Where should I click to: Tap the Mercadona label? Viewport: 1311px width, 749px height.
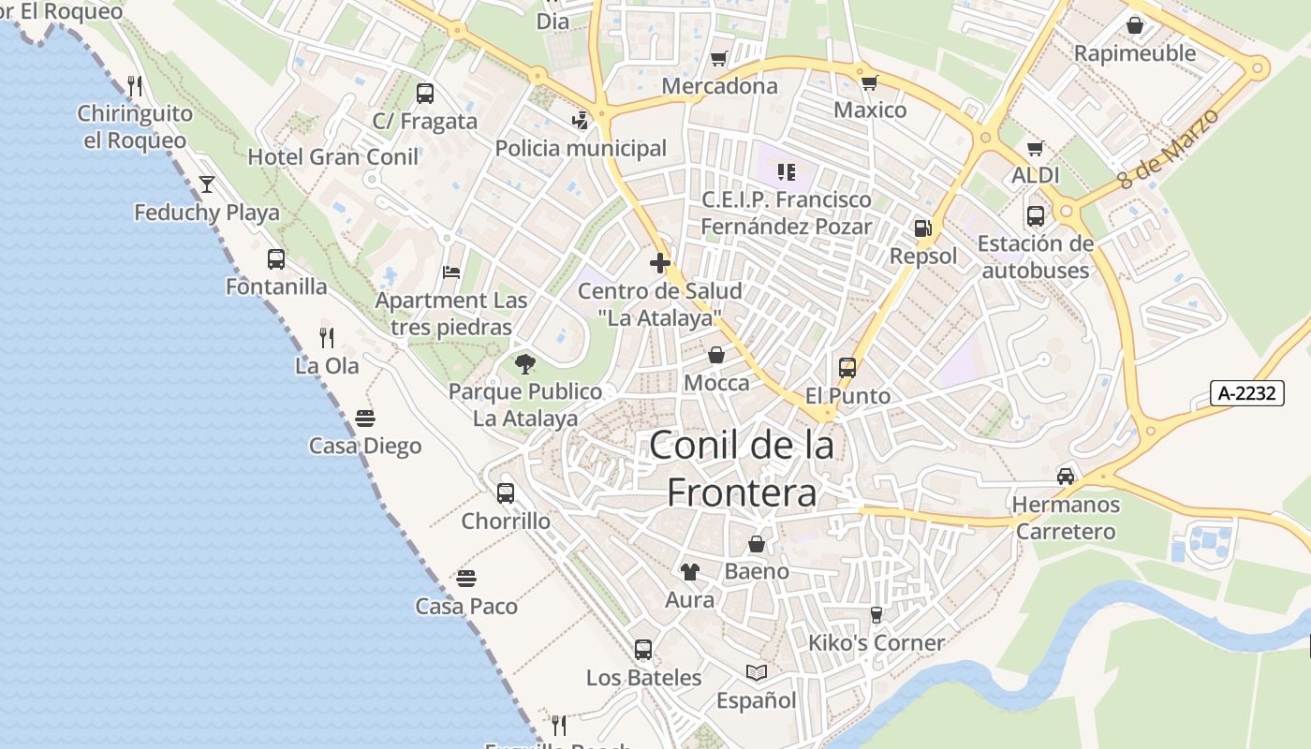[719, 86]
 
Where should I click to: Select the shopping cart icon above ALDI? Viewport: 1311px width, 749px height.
[1035, 148]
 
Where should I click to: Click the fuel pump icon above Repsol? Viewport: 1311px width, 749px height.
[922, 228]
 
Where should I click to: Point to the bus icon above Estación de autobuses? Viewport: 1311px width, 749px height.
[1035, 216]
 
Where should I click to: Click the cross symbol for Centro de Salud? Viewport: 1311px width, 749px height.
[659, 263]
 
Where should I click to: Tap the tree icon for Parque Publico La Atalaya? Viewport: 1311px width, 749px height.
[524, 363]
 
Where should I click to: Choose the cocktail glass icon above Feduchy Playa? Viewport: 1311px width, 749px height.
[206, 184]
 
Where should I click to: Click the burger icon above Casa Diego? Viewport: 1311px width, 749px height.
[365, 418]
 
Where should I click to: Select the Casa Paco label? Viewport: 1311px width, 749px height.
[466, 607]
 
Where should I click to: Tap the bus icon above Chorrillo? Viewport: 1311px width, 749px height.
[506, 492]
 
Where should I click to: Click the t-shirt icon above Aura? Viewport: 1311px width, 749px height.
[689, 571]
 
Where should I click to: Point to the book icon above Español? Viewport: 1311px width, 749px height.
[756, 672]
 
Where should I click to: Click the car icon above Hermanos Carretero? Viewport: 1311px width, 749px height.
[1066, 476]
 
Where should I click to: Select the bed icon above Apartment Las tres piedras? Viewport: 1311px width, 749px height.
[451, 272]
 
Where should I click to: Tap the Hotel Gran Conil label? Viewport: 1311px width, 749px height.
[332, 156]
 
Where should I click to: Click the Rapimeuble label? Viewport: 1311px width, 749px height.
[1135, 53]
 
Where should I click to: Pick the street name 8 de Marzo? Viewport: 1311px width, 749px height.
[1170, 149]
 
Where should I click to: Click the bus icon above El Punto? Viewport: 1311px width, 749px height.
[847, 368]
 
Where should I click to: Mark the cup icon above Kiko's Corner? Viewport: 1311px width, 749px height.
[876, 615]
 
